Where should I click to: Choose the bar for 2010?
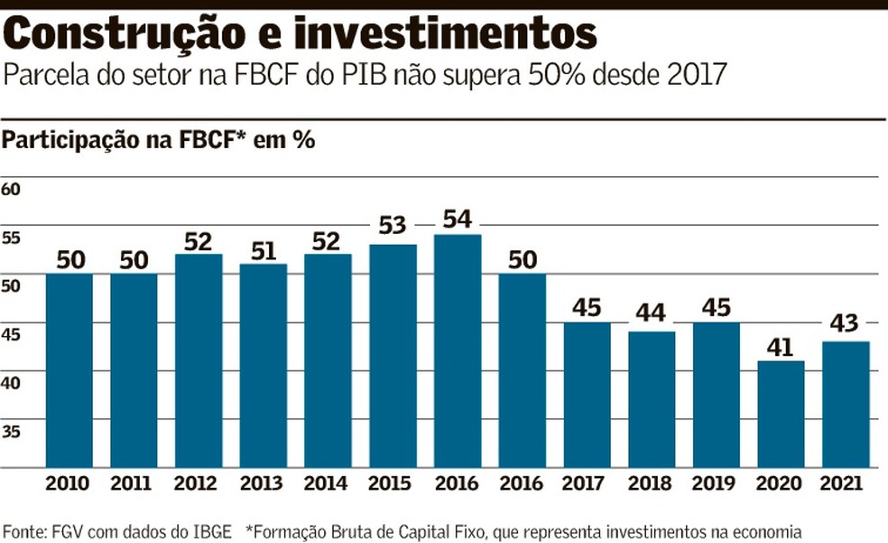click(x=69, y=370)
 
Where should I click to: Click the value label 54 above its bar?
click(x=458, y=220)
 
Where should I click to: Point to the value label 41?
click(x=781, y=347)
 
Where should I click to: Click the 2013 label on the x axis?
click(x=263, y=483)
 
